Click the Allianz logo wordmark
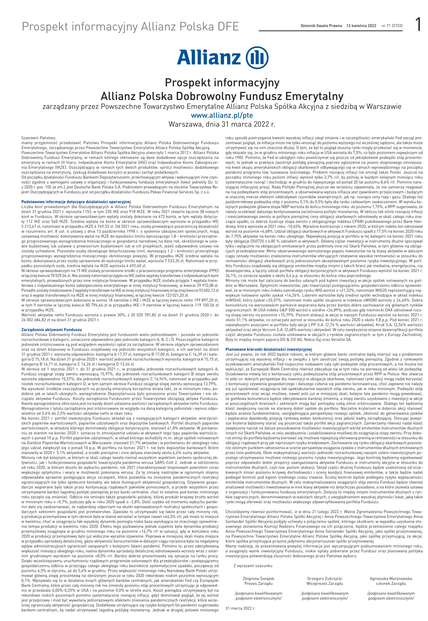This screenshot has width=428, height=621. (x=208, y=57)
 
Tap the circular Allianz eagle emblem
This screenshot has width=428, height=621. (x=257, y=57)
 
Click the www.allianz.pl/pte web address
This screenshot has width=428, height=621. (x=222, y=115)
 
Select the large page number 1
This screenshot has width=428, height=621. (x=418, y=25)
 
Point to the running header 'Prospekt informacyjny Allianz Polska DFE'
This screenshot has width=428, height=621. (x=130, y=27)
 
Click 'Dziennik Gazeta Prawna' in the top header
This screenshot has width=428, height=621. (x=321, y=26)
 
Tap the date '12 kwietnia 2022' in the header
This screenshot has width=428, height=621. (x=361, y=26)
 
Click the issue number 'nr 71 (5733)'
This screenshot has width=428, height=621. (x=392, y=26)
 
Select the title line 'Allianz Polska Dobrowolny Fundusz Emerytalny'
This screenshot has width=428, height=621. (x=222, y=96)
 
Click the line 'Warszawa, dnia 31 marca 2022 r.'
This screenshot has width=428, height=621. (x=222, y=124)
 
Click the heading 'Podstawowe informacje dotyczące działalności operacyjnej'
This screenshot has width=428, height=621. (x=76, y=202)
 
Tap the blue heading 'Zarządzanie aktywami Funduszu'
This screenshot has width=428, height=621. (x=52, y=330)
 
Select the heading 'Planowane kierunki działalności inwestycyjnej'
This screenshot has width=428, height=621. (x=268, y=349)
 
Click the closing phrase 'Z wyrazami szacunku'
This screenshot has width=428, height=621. (x=253, y=566)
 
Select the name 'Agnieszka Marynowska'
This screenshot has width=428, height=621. (x=391, y=579)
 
